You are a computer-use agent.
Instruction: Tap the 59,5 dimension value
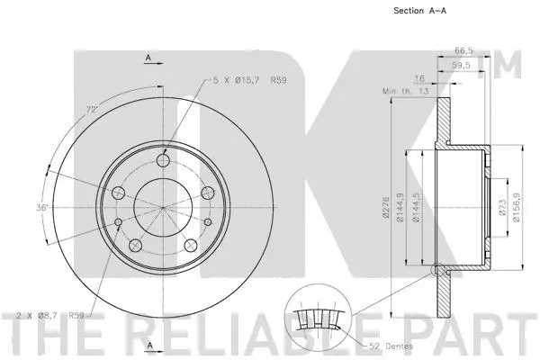tap(462, 66)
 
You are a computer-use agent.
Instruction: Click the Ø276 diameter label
tap(385, 210)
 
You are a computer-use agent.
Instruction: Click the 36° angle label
tap(41, 208)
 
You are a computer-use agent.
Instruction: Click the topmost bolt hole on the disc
tap(163, 161)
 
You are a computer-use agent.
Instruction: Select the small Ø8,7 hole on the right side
tap(208, 221)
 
